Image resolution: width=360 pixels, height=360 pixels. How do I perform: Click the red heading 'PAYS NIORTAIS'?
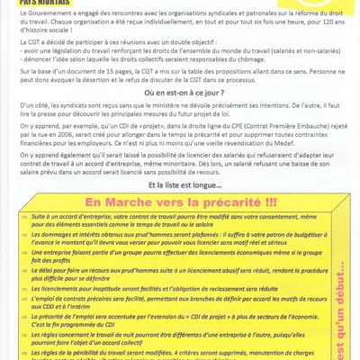[48, 4]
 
